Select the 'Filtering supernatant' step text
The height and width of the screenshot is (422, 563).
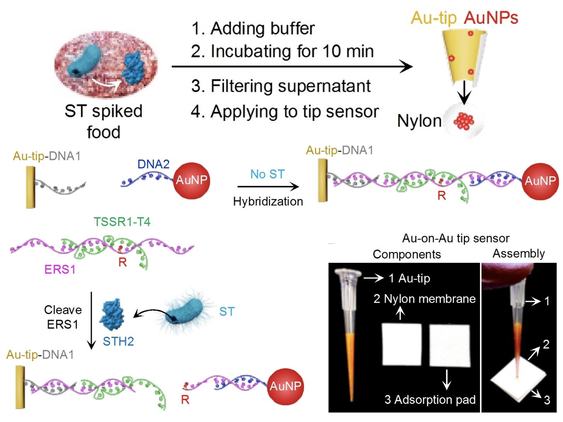(x=281, y=86)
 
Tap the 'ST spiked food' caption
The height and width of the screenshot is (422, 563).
(x=104, y=121)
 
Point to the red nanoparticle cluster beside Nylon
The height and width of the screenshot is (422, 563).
(x=464, y=121)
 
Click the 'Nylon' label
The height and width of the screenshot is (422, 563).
(x=419, y=121)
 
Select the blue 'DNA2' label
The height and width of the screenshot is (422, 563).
(x=154, y=164)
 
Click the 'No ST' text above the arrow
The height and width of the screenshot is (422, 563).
(x=267, y=174)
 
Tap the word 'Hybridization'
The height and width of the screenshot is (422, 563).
(x=268, y=201)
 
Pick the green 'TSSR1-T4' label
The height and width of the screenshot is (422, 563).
(x=122, y=222)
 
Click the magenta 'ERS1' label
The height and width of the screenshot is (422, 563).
(x=60, y=269)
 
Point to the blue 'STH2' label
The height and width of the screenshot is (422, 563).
(x=118, y=341)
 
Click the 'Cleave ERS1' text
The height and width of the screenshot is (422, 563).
(x=63, y=317)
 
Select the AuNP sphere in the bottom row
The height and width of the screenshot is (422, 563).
(x=285, y=386)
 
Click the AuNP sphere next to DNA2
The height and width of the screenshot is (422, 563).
(x=191, y=180)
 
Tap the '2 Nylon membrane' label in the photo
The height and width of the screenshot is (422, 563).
(x=424, y=299)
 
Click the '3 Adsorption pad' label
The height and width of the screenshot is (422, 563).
(x=430, y=400)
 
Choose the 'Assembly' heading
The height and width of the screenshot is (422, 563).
(x=519, y=254)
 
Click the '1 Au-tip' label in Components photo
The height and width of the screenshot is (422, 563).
(x=409, y=278)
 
